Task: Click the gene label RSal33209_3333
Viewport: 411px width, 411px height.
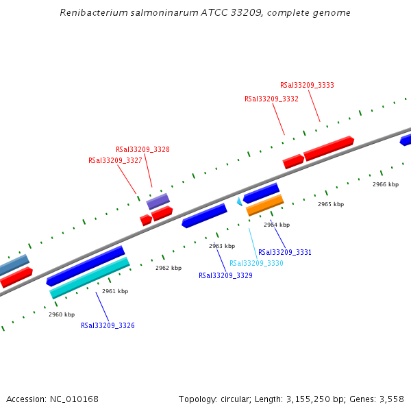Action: pyautogui.click(x=307, y=85)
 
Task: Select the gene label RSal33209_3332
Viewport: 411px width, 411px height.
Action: pyautogui.click(x=271, y=99)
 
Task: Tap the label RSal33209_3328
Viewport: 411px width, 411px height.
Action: pyautogui.click(x=142, y=149)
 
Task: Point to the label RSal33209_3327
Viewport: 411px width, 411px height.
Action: pyautogui.click(x=115, y=160)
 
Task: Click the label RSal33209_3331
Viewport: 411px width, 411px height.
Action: pyautogui.click(x=285, y=252)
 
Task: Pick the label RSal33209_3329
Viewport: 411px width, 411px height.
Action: pyautogui.click(x=225, y=275)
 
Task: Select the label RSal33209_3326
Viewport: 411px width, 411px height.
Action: pyautogui.click(x=108, y=325)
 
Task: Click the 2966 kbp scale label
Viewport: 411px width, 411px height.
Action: pyautogui.click(x=386, y=184)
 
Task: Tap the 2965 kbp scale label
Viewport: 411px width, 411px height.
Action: pyautogui.click(x=331, y=204)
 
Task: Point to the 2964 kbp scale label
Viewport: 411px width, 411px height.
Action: pyautogui.click(x=277, y=225)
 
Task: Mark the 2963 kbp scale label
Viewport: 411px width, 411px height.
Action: pyautogui.click(x=222, y=246)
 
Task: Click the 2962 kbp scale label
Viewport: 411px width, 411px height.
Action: pyautogui.click(x=169, y=268)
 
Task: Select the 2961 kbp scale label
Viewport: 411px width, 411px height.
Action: pyautogui.click(x=115, y=291)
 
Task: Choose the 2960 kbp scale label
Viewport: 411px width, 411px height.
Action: pyautogui.click(x=62, y=314)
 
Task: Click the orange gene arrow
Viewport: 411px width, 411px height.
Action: pyautogui.click(x=265, y=204)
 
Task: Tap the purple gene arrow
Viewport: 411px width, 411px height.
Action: pyautogui.click(x=158, y=201)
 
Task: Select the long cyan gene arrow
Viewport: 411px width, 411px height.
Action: pyautogui.click(x=90, y=277)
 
